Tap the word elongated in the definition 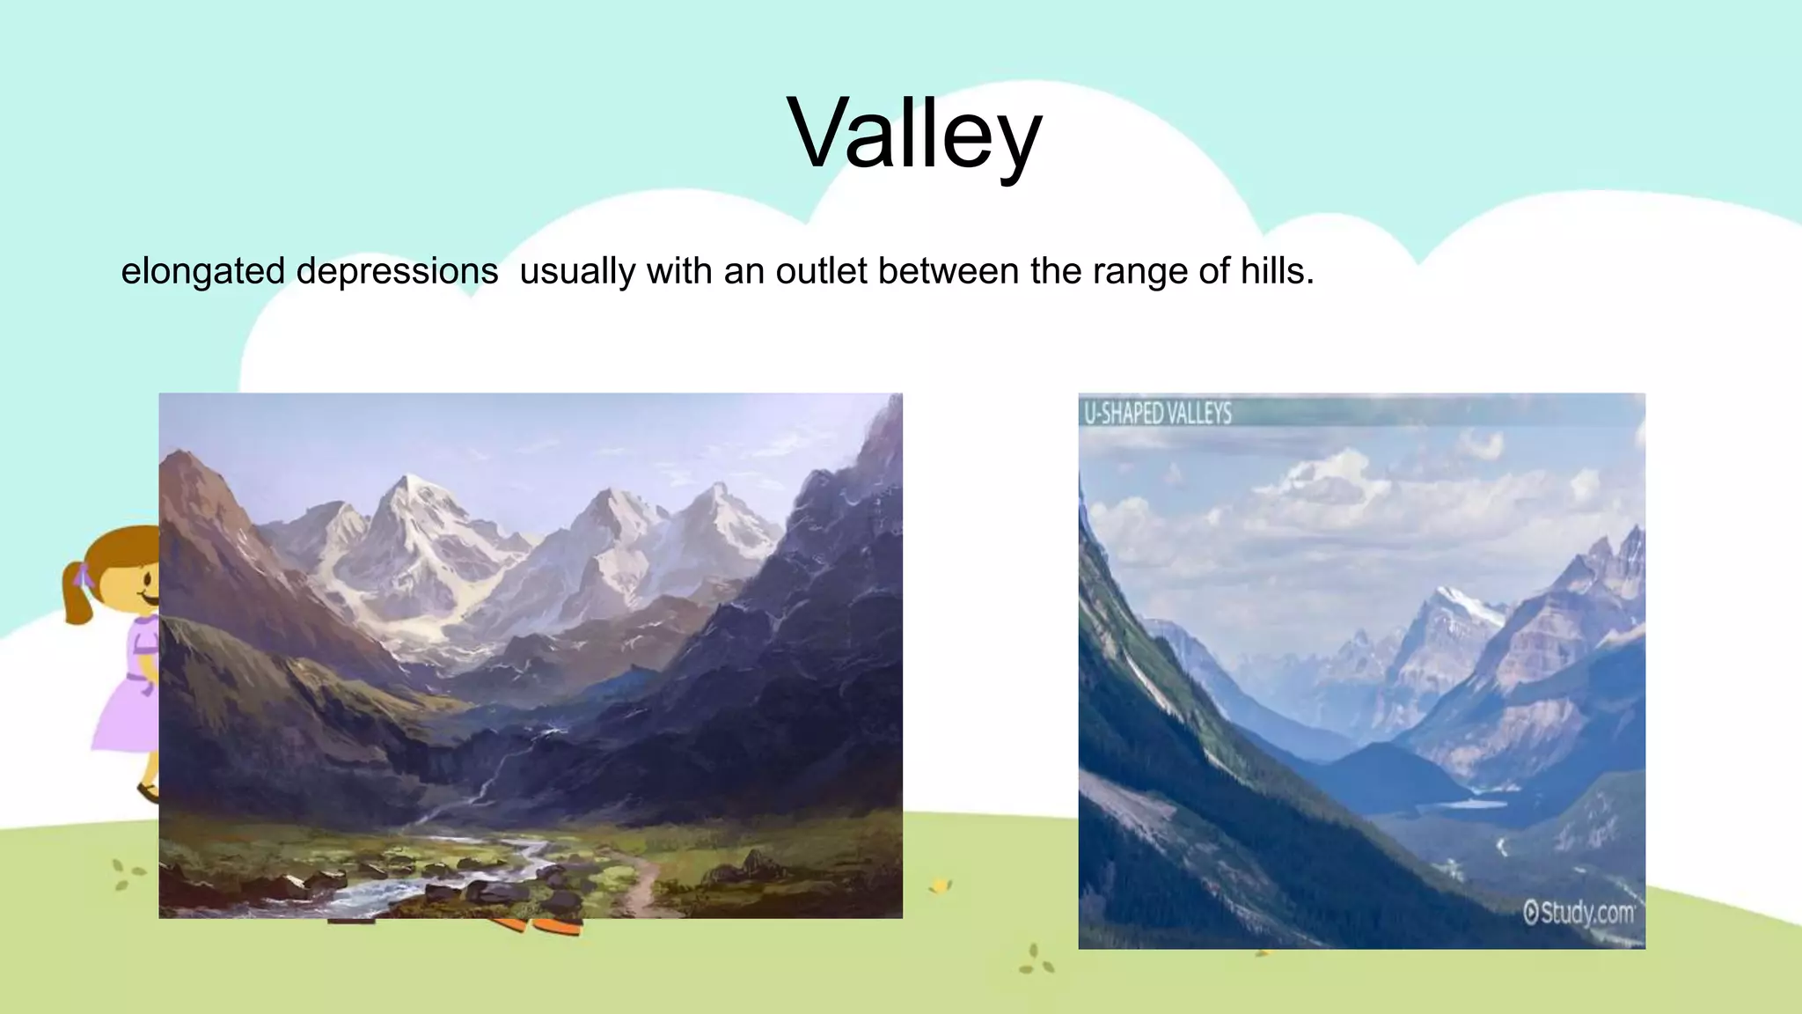point(202,271)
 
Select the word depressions point(397,271)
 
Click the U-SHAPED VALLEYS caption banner point(1158,413)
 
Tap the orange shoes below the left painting point(546,926)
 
